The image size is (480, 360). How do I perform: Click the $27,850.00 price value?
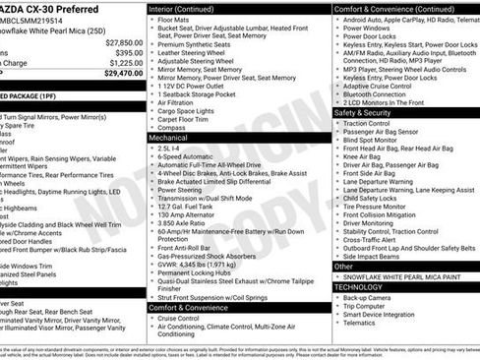[123, 43]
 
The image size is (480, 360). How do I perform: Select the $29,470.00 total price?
[123, 72]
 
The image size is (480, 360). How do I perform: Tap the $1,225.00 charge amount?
[125, 62]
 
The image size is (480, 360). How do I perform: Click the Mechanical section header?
[170, 139]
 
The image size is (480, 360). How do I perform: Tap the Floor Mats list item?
[174, 18]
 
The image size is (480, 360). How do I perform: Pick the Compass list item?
[172, 128]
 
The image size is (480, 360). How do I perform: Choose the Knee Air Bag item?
[364, 157]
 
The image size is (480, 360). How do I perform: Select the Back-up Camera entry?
[371, 297]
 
